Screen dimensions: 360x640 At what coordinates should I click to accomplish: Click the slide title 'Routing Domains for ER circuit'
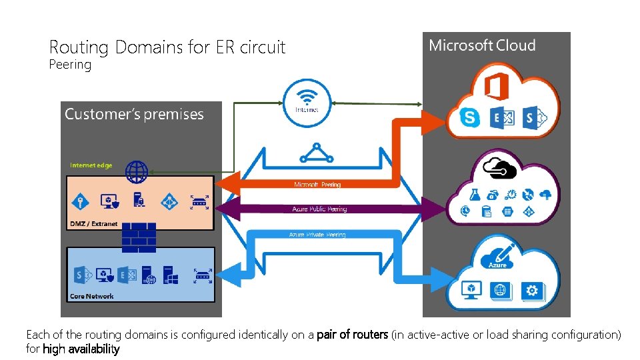pos(167,47)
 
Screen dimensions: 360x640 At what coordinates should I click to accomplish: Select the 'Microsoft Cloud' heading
pos(482,45)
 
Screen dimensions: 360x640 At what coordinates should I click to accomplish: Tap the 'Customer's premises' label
pos(134,114)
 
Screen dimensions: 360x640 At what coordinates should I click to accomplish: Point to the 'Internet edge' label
pos(91,165)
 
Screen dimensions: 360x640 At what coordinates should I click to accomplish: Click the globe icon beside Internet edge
pos(137,171)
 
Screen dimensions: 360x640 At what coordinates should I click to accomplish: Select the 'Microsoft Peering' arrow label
pos(317,185)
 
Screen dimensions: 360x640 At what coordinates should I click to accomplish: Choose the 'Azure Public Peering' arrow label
pos(319,209)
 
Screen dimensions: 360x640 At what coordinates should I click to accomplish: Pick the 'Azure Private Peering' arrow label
pos(317,235)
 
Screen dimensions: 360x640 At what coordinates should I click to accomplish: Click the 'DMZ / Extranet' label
pos(94,224)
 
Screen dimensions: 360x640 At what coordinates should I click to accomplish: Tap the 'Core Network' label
pos(92,296)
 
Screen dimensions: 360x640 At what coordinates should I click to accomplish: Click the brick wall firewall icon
pos(139,237)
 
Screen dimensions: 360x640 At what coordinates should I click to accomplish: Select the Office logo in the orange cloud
pos(496,86)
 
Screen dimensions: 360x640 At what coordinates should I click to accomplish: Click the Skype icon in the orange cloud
pos(470,118)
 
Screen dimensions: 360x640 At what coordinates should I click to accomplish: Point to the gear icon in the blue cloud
pos(531,290)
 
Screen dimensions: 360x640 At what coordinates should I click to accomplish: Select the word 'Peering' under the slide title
pos(70,65)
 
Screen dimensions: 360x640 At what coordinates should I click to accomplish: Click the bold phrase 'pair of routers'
pos(352,335)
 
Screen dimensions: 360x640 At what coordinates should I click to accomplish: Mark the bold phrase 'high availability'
pos(81,349)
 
